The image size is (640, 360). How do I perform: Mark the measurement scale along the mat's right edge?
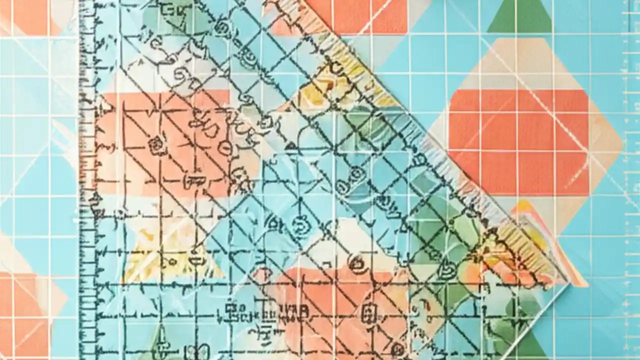coord(633,150)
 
